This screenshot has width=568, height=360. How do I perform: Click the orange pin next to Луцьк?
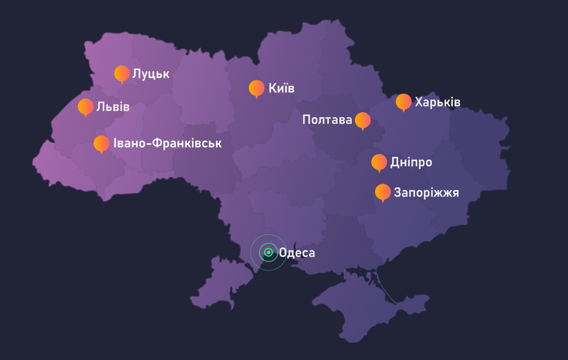122,74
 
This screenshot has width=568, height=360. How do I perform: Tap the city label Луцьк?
151,74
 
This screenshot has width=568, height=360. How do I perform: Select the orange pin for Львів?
86,107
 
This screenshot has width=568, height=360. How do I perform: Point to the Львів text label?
113,107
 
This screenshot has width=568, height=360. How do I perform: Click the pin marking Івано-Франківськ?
102,143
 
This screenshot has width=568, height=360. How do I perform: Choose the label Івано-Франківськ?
167,143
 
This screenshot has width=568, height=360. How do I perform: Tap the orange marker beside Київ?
256,88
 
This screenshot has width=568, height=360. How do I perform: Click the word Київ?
281,88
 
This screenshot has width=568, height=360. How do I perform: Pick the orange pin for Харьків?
404,102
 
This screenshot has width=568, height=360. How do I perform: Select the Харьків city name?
438,103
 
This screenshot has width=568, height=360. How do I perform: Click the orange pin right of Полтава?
363,120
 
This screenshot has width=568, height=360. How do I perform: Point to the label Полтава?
327,120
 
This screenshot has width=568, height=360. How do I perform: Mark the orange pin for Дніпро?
379,162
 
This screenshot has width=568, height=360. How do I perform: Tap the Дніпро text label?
411,162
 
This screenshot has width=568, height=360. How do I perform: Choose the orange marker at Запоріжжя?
383,192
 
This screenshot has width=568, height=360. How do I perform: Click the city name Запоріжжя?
426,193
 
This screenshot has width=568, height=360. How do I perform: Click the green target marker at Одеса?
268,253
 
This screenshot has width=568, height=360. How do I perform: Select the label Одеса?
297,253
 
